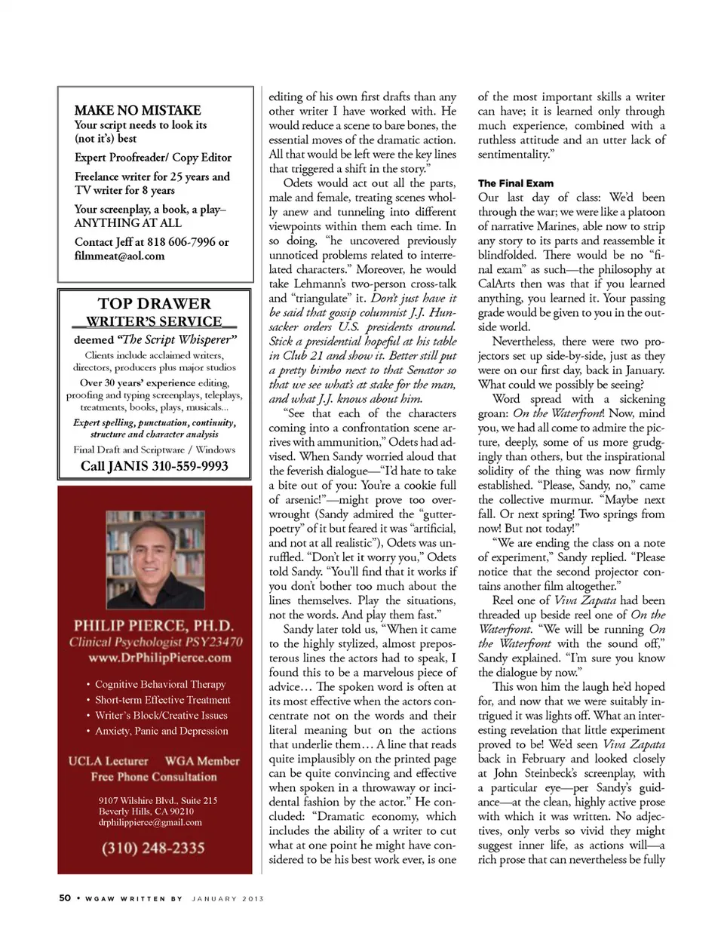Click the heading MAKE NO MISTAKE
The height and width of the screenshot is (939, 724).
(x=137, y=110)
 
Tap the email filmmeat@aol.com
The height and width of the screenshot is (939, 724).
(x=119, y=256)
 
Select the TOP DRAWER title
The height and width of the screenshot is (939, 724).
(x=155, y=304)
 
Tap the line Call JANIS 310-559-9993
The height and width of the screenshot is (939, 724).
(x=155, y=466)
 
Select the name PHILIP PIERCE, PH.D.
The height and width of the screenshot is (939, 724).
(x=154, y=625)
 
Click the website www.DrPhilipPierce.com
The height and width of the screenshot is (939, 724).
(x=160, y=658)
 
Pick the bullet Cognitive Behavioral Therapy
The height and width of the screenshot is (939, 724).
(x=160, y=684)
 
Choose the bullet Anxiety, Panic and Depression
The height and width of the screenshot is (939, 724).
(x=161, y=731)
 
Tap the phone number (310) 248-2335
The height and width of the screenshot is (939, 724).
(x=153, y=848)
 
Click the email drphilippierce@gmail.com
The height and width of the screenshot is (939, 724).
(x=150, y=822)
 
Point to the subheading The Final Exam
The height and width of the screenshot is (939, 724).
(x=516, y=183)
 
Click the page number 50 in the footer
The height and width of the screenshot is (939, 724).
(x=65, y=898)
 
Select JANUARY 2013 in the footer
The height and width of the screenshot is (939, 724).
(x=228, y=898)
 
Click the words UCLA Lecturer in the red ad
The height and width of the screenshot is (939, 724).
(x=109, y=761)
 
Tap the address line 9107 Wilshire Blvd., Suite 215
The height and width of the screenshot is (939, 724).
(x=158, y=800)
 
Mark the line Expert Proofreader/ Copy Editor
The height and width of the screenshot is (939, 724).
(x=153, y=158)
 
